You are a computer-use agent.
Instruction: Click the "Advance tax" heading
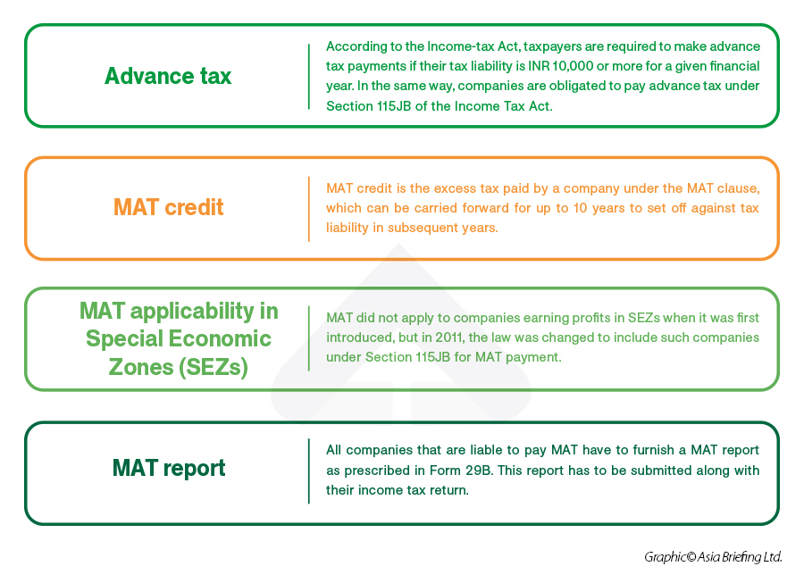168,76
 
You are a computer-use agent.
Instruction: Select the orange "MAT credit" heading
168,207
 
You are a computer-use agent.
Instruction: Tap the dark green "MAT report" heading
169,468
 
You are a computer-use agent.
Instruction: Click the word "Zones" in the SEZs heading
141,367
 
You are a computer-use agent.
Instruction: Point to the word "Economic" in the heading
220,338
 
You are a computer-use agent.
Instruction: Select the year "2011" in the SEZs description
448,337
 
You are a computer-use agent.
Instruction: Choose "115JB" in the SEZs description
432,357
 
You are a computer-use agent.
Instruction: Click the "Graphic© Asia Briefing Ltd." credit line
713,557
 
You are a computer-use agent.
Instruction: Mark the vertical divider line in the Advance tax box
309,76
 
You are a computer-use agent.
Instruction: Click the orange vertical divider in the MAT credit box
309,209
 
